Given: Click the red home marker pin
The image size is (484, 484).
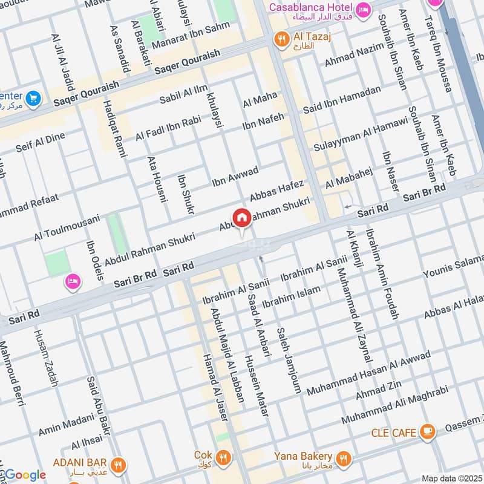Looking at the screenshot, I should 241,218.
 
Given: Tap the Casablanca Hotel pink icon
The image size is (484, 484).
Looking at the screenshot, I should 364,10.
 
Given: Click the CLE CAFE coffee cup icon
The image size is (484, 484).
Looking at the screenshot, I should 428,431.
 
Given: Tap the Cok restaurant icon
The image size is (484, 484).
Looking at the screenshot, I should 223,456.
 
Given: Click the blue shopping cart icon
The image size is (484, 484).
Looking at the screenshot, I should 33,97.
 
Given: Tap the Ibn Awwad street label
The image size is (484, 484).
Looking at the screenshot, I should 235,175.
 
